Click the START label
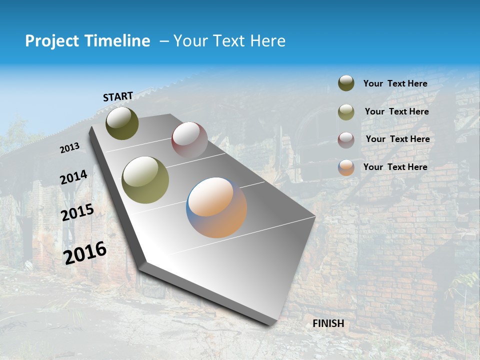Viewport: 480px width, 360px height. pos(118,96)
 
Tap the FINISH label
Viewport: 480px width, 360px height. pos(328,323)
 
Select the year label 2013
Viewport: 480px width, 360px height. pos(70,147)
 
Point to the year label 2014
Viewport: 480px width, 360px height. pos(74,177)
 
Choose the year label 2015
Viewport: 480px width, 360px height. pos(77,212)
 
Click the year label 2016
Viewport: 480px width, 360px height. pos(85,252)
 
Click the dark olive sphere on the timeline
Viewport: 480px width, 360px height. pos(122,123)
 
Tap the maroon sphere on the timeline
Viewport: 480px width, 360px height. pos(189,139)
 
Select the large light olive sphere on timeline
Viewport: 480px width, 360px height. pos(145,179)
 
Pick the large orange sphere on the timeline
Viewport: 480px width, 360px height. pos(216,207)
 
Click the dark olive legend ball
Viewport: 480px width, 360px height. pos(346,83)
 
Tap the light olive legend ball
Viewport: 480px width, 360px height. pos(346,111)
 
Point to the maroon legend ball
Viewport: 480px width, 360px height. pos(346,139)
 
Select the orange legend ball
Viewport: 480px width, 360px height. pos(346,167)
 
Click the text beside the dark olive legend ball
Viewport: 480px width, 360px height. pos(395,83)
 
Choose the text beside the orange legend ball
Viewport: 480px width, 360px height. pos(395,167)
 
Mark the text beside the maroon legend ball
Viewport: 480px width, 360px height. pos(397,139)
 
